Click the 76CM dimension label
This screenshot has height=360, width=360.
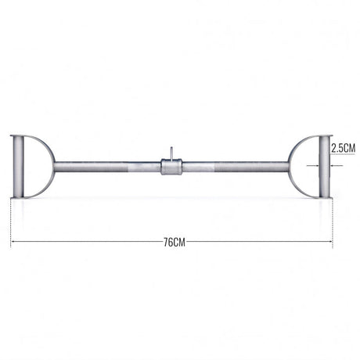point(175,243)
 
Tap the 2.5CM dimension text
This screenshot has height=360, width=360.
point(343,148)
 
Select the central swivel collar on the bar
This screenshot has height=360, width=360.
point(171,167)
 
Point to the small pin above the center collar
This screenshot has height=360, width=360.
point(171,153)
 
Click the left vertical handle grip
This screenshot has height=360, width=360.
point(19,167)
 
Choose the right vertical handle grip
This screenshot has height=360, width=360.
point(325,167)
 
